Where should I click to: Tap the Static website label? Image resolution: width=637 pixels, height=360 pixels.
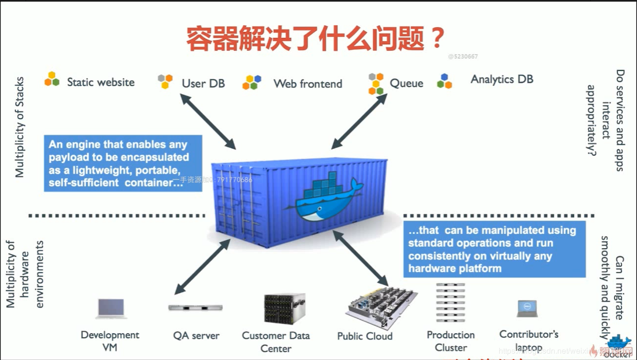(101, 82)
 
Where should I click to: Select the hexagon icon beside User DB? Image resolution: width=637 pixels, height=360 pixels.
(165, 81)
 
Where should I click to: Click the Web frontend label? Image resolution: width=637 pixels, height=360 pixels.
(307, 84)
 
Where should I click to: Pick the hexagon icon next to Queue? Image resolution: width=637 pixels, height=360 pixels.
(376, 83)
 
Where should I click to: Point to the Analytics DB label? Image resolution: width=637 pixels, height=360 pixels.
(502, 79)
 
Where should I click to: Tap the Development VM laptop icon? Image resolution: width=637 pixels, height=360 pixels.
(111, 308)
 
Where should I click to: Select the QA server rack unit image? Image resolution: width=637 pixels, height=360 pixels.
(196, 307)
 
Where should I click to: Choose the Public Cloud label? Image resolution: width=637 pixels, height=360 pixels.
(365, 336)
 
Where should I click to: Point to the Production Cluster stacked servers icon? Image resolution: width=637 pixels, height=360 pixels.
(450, 302)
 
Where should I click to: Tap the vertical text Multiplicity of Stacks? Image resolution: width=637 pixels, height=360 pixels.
(20, 127)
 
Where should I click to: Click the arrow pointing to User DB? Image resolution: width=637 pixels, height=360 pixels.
(207, 121)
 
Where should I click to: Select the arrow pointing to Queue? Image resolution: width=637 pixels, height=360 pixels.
(359, 121)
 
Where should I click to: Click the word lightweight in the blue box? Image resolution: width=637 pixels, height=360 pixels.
(93, 170)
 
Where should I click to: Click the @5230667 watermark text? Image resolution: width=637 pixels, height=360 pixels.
(463, 57)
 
